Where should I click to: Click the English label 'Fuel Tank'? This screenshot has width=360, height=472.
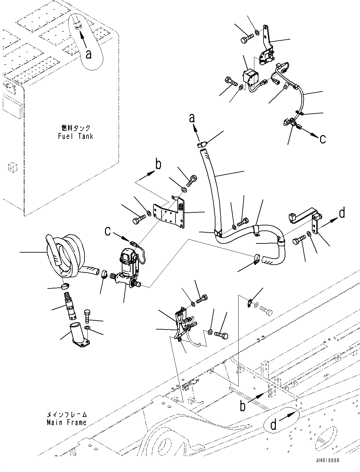click(76, 136)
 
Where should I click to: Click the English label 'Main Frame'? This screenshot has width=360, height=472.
click(66, 423)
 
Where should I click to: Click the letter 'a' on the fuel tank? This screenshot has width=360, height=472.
click(89, 54)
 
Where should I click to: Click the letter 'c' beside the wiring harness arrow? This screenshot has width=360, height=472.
click(322, 139)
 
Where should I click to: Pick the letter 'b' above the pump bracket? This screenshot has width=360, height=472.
click(158, 165)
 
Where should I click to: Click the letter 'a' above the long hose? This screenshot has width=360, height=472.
click(192, 118)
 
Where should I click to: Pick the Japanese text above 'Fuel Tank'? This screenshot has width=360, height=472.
click(76, 128)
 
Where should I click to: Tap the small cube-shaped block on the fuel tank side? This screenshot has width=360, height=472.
click(11, 167)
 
